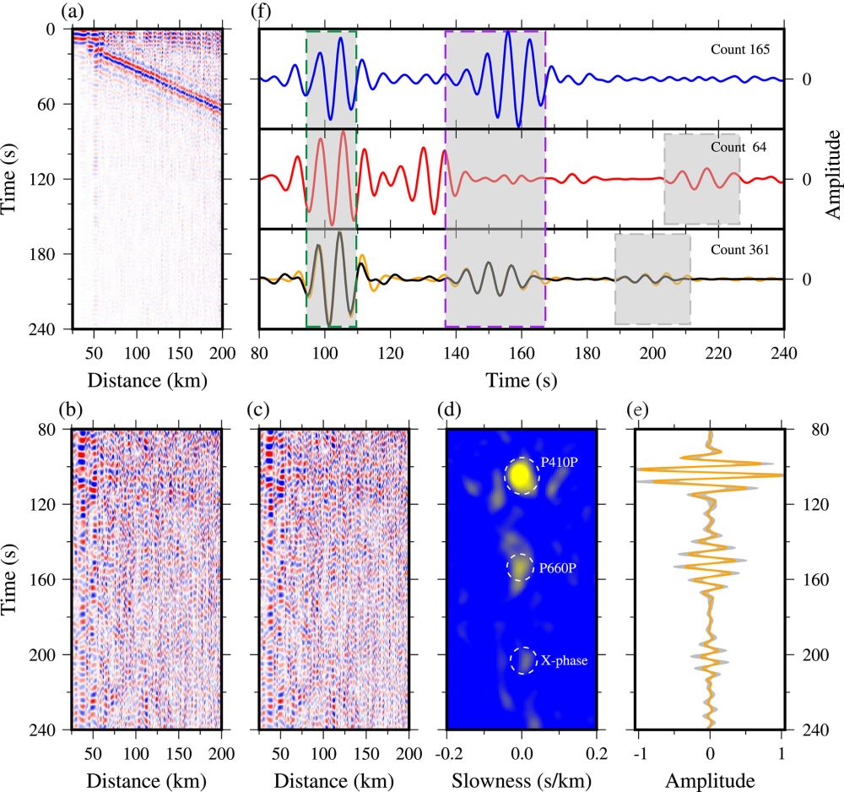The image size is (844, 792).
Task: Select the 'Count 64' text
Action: click(x=739, y=147)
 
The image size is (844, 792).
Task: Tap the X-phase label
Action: click(x=564, y=661)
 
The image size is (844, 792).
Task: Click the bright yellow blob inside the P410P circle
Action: click(x=522, y=476)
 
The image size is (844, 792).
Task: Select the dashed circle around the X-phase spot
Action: click(x=522, y=660)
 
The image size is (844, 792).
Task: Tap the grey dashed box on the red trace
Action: click(x=701, y=179)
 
